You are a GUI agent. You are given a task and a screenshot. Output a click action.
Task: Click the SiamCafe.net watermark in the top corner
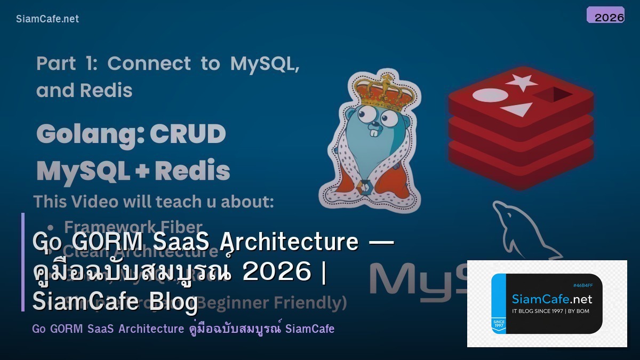[47, 19]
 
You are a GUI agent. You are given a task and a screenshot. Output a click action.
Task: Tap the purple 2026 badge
[605, 15]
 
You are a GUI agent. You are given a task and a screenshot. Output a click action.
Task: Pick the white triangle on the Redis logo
[517, 109]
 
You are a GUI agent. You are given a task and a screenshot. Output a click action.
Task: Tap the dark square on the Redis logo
[553, 95]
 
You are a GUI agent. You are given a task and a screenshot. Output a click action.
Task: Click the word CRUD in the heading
[187, 134]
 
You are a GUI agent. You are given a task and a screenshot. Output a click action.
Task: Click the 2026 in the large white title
[276, 271]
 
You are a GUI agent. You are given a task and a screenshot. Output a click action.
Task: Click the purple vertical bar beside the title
[23, 262]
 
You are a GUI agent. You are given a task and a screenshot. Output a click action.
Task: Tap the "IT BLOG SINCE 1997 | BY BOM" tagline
[550, 311]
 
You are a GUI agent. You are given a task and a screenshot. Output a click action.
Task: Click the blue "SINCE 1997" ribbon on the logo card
[499, 325]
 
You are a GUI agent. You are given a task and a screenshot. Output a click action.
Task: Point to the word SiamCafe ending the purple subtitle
[310, 329]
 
